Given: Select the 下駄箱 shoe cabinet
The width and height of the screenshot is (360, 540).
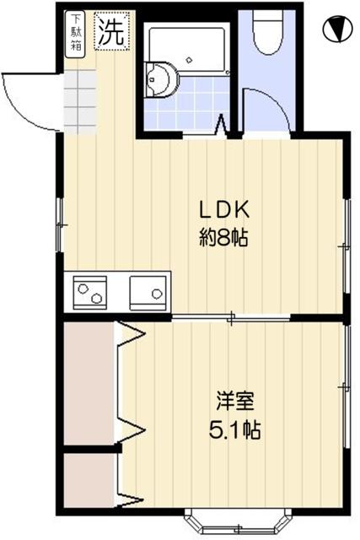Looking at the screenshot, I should [x=76, y=34].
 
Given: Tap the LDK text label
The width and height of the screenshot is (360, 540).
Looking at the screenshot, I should [x=222, y=209].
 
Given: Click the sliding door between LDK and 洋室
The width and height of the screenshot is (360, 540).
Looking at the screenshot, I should [x=232, y=317].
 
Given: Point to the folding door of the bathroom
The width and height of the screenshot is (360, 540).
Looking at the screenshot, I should [x=223, y=127].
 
